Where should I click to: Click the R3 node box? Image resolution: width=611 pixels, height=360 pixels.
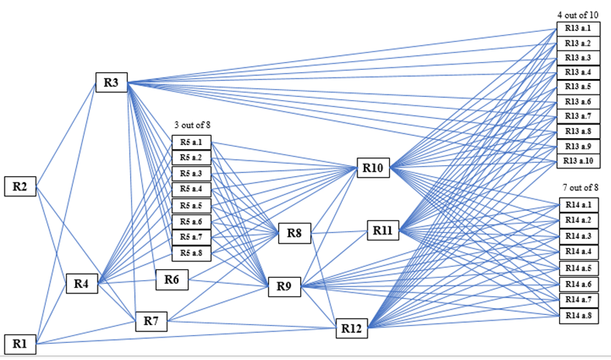tap(111, 83)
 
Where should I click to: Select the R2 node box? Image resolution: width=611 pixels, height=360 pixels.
tap(20, 187)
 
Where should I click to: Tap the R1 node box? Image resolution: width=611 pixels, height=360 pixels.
tap(20, 343)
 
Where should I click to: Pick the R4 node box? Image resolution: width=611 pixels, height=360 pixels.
tap(81, 285)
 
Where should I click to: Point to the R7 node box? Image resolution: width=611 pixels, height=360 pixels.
tap(151, 320)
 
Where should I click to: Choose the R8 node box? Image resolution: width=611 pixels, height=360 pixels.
tap(295, 232)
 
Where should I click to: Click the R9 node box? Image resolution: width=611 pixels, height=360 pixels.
tap(284, 287)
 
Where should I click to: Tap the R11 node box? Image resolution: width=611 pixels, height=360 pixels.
tap(382, 230)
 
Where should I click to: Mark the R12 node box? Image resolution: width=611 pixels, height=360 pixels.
tap(350, 329)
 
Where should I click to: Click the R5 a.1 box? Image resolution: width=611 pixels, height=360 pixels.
tap(191, 143)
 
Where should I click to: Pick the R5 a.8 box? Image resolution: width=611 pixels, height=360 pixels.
tap(191, 253)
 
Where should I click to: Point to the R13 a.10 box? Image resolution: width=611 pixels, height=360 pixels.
tap(578, 161)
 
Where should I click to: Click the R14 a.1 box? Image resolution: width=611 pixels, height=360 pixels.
tap(578, 205)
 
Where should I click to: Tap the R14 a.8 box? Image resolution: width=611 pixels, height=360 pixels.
tap(578, 315)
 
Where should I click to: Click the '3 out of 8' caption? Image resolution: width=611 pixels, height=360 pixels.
tap(191, 126)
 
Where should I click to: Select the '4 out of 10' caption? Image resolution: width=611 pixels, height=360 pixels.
tap(578, 15)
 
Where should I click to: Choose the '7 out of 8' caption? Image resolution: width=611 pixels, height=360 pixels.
tap(580, 188)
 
